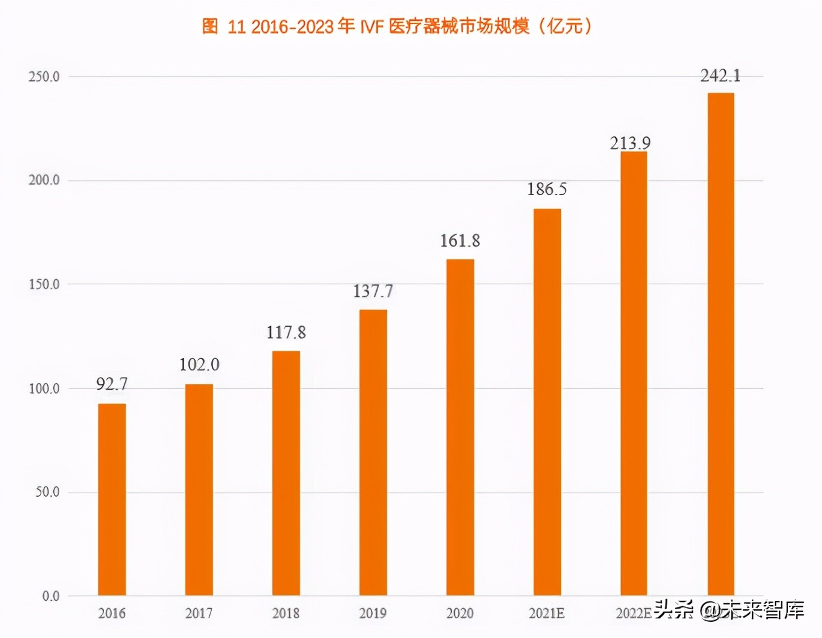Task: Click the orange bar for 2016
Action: (x=112, y=499)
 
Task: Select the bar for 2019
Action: (x=373, y=452)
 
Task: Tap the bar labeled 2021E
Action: (x=547, y=402)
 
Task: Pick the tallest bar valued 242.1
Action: (x=720, y=344)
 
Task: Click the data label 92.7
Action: (x=112, y=384)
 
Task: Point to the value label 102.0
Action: (x=199, y=364)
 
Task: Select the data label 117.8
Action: (x=286, y=332)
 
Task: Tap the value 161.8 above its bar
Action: (x=460, y=241)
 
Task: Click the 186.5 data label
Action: (x=547, y=189)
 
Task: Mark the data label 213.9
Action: (x=630, y=143)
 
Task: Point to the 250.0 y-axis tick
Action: (x=44, y=77)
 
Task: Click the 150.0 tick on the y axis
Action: (x=44, y=284)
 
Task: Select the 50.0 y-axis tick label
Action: (x=47, y=492)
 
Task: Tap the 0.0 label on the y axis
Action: (x=51, y=596)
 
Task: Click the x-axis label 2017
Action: (x=199, y=613)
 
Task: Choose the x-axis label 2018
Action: (x=285, y=613)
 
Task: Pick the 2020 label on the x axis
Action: (x=459, y=613)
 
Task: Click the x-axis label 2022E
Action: (x=633, y=613)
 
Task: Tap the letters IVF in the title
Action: (x=371, y=26)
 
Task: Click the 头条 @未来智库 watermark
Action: (x=729, y=609)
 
